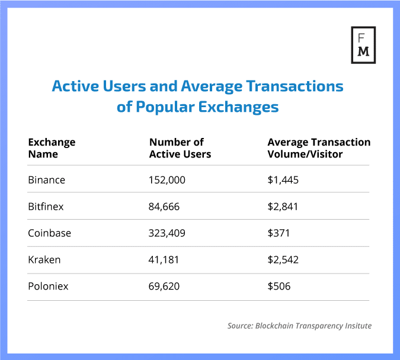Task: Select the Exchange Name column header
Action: [x=52, y=148]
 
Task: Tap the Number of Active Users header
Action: [x=180, y=148]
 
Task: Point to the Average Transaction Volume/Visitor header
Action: [x=319, y=148]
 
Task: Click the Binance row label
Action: [x=47, y=179]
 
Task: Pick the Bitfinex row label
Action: [x=47, y=206]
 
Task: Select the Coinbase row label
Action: [x=49, y=233]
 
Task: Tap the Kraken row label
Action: [x=44, y=260]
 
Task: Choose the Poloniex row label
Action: [x=48, y=287]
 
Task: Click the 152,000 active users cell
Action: [x=167, y=179]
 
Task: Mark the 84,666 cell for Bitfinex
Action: [x=164, y=206]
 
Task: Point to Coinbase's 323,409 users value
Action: [x=167, y=233]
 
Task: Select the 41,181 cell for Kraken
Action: [x=163, y=260]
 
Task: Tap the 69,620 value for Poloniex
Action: [x=164, y=287]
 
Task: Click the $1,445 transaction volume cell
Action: [x=283, y=179]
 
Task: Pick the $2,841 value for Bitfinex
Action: [x=283, y=206]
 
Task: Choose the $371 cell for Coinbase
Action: [x=279, y=233]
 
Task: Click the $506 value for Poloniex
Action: [x=279, y=287]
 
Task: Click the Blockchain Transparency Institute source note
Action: [x=299, y=326]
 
